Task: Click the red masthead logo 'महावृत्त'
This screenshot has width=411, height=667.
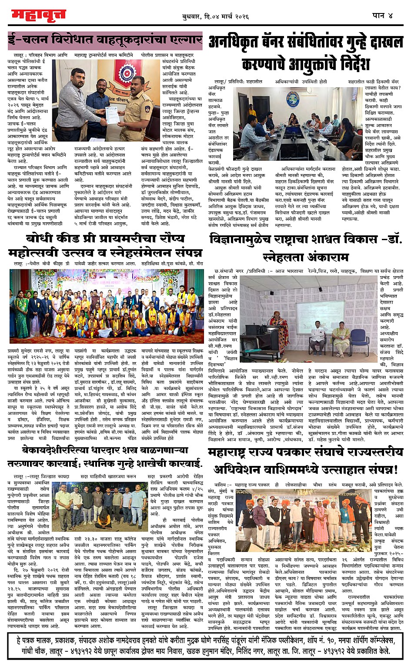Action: coord(38,15)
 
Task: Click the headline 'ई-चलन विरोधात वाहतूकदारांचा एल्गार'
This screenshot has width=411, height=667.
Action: coord(105,40)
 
